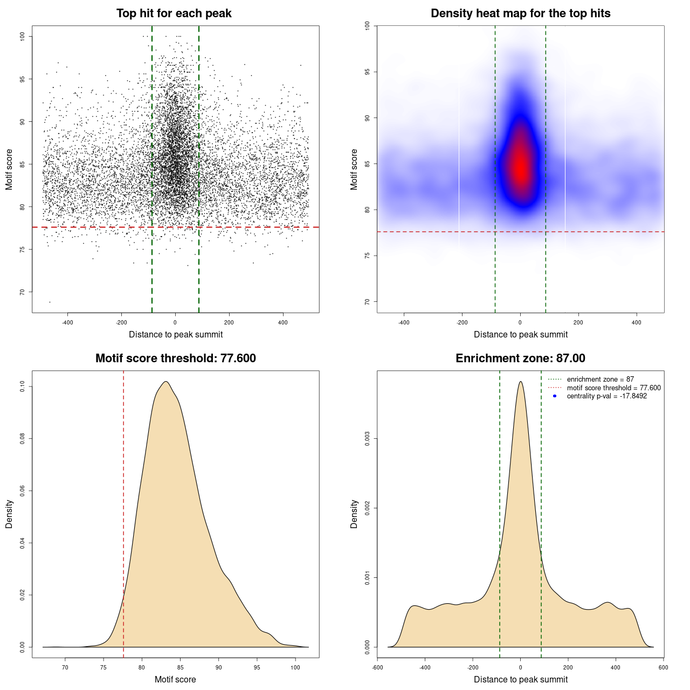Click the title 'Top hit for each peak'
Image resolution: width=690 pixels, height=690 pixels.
[x=174, y=13]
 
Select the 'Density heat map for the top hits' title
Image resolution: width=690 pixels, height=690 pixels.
[x=520, y=13]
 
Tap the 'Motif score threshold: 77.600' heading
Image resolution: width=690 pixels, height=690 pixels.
[x=175, y=358]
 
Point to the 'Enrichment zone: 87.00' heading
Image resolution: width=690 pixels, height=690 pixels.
[x=520, y=358]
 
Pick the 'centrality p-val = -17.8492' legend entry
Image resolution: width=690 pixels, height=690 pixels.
[x=606, y=396]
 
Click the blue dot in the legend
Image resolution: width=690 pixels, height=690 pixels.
[x=555, y=396]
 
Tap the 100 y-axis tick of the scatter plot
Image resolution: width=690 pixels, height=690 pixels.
[x=22, y=36]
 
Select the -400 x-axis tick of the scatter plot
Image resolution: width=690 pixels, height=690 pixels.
[x=67, y=322]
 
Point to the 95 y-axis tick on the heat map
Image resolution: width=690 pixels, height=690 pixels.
[x=367, y=72]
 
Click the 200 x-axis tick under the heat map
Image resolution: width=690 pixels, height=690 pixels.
[x=578, y=322]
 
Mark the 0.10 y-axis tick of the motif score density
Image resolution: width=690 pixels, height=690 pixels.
[x=22, y=387]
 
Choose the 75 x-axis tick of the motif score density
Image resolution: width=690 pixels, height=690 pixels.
[x=103, y=667]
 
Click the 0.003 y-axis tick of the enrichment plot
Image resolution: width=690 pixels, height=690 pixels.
[x=367, y=439]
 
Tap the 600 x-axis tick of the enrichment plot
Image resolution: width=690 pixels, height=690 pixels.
[x=663, y=667]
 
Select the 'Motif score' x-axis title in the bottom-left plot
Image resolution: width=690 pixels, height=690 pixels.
[x=175, y=679]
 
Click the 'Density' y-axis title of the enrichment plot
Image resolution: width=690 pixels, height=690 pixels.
[x=354, y=514]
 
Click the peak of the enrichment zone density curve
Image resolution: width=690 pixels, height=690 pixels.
[x=520, y=382]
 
